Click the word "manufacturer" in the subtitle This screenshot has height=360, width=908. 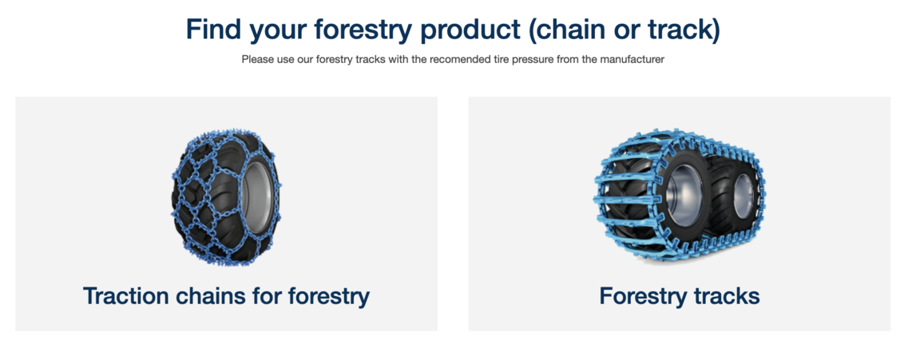(636, 60)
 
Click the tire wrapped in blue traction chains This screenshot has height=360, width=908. (227, 199)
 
